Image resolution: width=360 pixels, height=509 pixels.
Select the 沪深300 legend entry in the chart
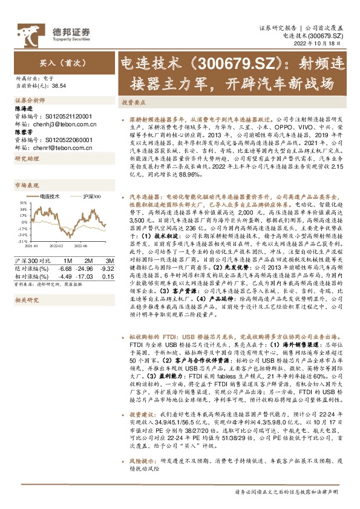click(91, 197)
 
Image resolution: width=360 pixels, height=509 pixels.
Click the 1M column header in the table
click(67, 259)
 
